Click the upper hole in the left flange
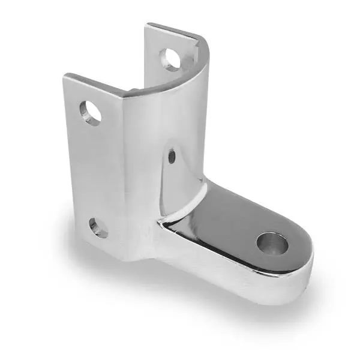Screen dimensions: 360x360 coord(92,112)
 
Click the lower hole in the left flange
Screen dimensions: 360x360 coord(97,227)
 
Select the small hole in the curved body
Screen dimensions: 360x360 coord(172,157)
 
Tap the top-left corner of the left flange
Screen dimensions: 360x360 coord(65,76)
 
